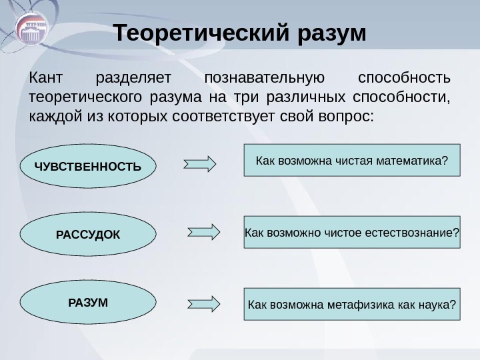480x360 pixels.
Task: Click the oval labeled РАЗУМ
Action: (x=88, y=302)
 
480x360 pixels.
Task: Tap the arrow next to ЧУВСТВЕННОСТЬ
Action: (x=201, y=163)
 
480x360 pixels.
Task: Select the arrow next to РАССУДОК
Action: (x=204, y=232)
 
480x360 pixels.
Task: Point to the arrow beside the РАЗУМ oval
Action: (x=204, y=303)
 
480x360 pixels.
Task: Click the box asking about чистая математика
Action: (x=352, y=160)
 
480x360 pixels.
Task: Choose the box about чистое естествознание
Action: (x=352, y=232)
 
